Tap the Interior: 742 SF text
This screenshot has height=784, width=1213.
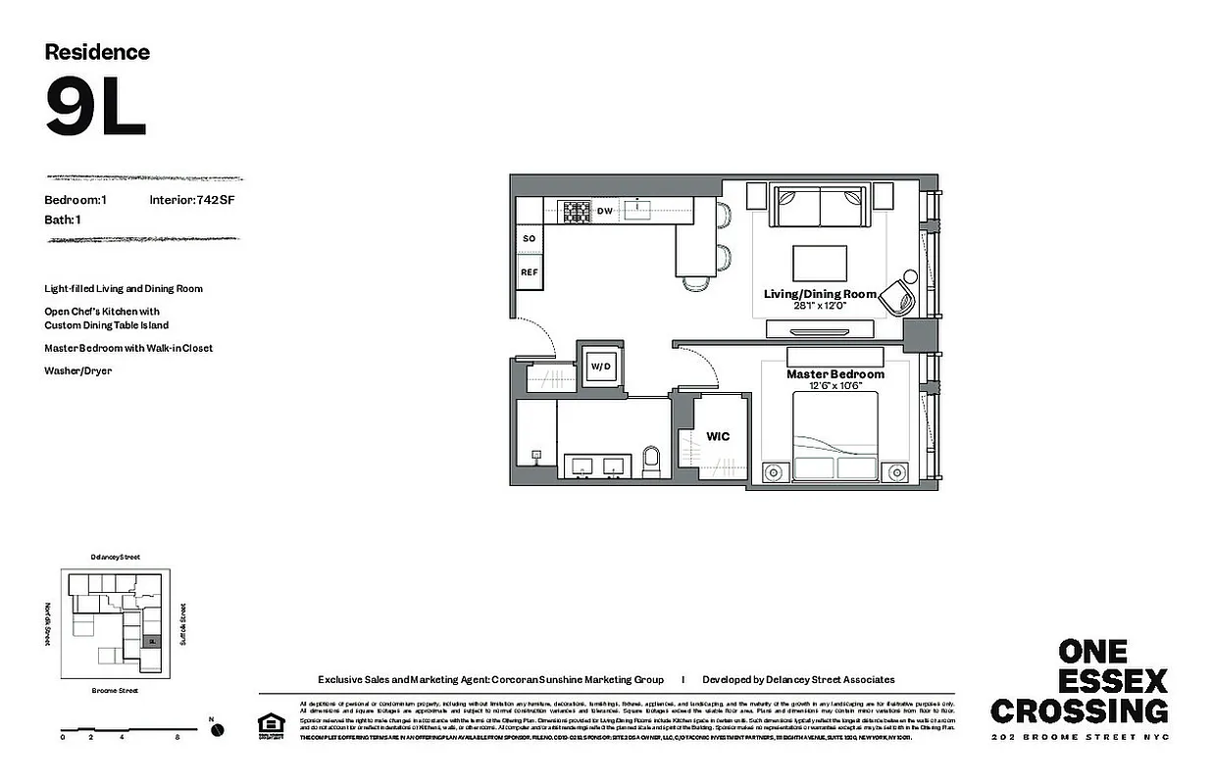(x=192, y=200)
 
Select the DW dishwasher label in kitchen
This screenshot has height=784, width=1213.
(x=605, y=210)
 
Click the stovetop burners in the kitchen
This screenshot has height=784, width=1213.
(x=574, y=210)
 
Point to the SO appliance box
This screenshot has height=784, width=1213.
(x=529, y=238)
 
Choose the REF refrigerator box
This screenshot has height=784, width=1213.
(x=529, y=272)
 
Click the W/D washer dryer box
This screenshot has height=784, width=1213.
(x=599, y=367)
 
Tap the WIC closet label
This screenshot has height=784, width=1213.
(x=718, y=436)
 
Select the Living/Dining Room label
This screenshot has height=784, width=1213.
(x=819, y=294)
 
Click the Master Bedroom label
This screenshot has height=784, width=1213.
(x=834, y=374)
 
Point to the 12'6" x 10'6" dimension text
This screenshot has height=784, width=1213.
(x=834, y=386)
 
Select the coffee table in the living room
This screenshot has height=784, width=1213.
(x=819, y=263)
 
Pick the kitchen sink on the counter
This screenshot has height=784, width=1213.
(x=638, y=208)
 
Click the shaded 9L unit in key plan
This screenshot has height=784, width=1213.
(x=150, y=641)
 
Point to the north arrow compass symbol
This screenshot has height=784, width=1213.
(x=217, y=729)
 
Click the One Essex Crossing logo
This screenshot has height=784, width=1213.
(x=1079, y=682)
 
